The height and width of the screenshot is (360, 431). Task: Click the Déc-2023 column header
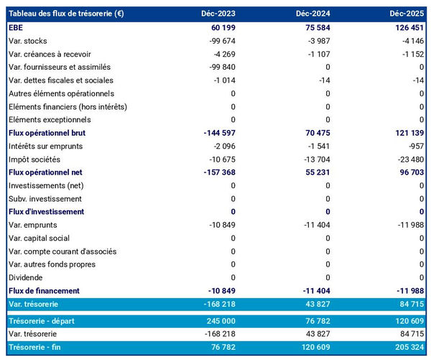(x=220, y=14)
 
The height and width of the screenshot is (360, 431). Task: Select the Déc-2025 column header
(x=407, y=14)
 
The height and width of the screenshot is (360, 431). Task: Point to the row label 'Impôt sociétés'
(x=34, y=159)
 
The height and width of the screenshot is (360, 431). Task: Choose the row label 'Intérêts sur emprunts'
(x=46, y=146)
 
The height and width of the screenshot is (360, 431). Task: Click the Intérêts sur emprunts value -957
(x=414, y=146)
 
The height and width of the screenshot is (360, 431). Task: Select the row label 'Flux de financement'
(x=43, y=291)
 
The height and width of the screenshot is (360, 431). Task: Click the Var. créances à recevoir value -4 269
(x=223, y=54)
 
